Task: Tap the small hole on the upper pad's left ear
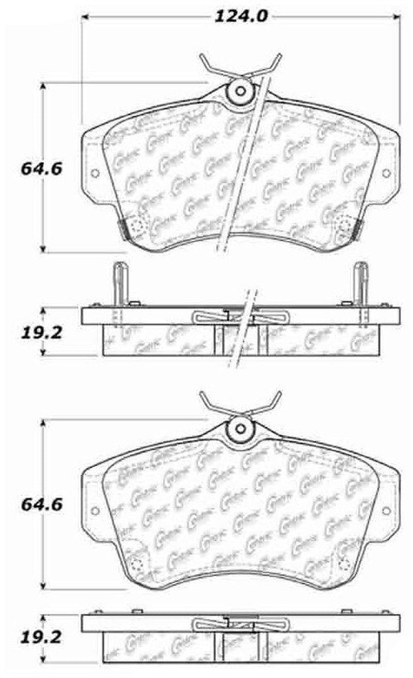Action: pos(93,173)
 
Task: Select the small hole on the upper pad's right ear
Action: pos(388,173)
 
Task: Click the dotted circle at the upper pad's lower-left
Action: pos(137,226)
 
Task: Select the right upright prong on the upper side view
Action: pos(361,281)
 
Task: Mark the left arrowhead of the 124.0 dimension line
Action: pos(85,16)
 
